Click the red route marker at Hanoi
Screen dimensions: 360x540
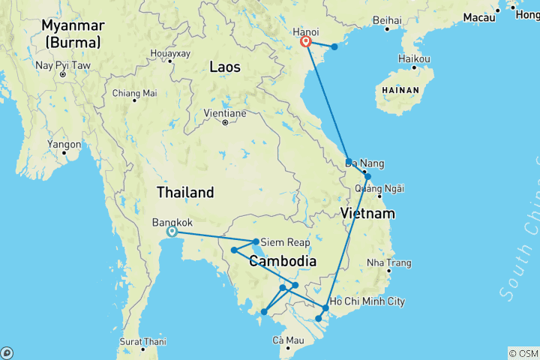pyautogui.click(x=306, y=42)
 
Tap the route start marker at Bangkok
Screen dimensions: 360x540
pyautogui.click(x=172, y=232)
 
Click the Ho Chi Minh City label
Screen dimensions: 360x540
pyautogui.click(x=367, y=301)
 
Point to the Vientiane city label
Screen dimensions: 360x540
pyautogui.click(x=225, y=113)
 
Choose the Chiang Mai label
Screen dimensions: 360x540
pyautogui.click(x=134, y=93)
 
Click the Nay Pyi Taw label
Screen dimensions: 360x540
pyautogui.click(x=63, y=65)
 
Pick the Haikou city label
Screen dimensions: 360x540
pyautogui.click(x=415, y=58)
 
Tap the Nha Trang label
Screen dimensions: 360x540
pyautogui.click(x=389, y=262)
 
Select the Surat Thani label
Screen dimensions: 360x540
pyautogui.click(x=142, y=340)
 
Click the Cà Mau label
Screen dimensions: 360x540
pyautogui.click(x=288, y=340)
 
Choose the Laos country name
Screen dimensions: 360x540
pyautogui.click(x=225, y=67)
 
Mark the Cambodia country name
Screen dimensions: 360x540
pyautogui.click(x=281, y=261)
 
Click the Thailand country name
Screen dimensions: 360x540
pyautogui.click(x=185, y=192)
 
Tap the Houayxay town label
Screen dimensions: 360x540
pyautogui.click(x=170, y=54)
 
